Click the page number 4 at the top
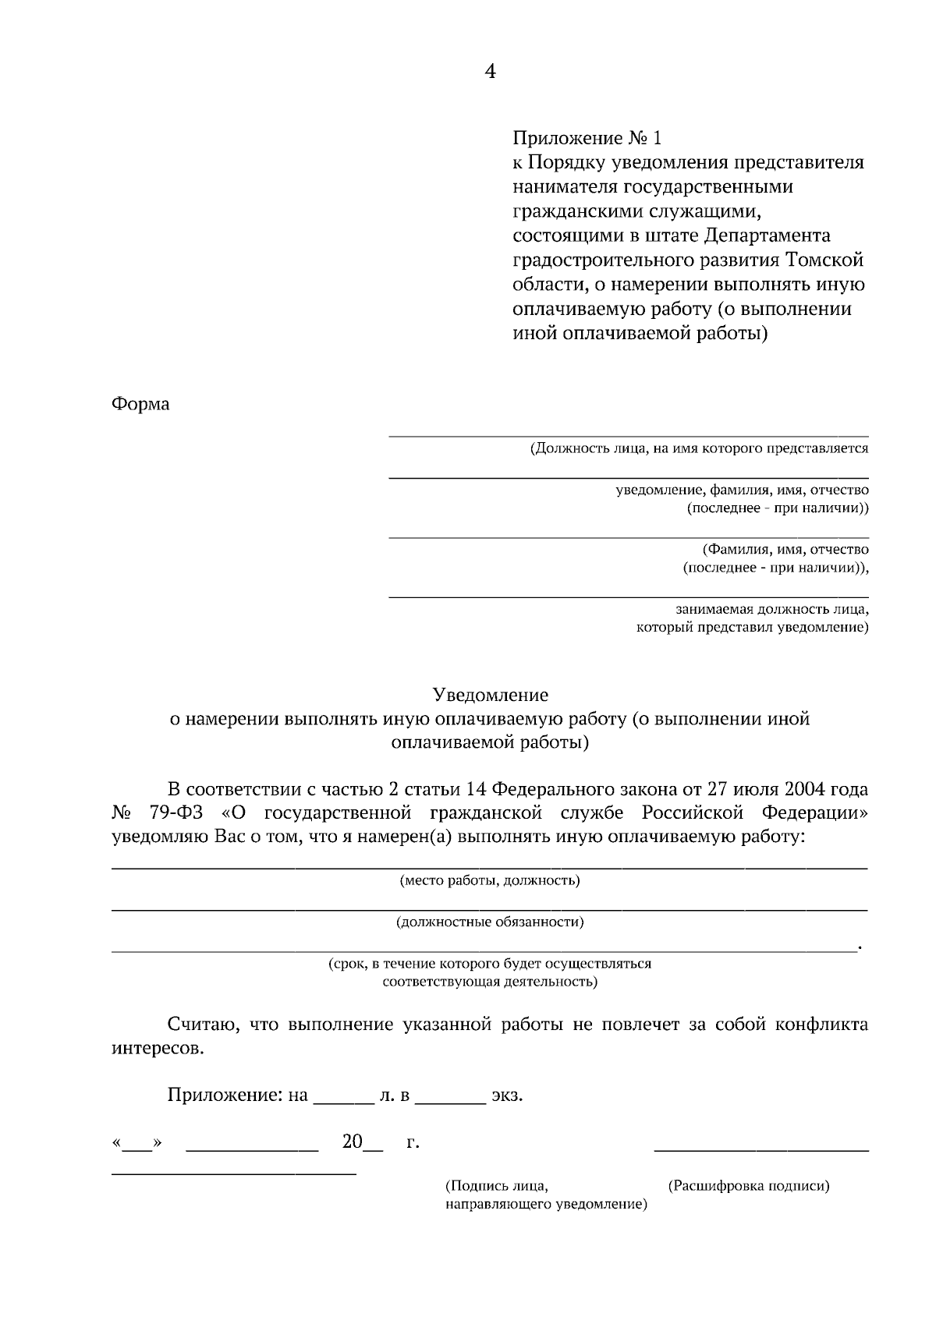[x=490, y=72]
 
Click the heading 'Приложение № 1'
[x=587, y=139]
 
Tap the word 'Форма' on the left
[x=140, y=405]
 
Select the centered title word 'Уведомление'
[x=491, y=695]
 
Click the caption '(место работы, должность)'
[x=490, y=881]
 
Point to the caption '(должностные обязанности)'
[x=490, y=922]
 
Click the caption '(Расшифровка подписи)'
[x=749, y=1186]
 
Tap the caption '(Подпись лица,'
[x=497, y=1186]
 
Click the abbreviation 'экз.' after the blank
[x=507, y=1096]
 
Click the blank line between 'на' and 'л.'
[x=343, y=1101]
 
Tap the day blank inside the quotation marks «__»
[x=139, y=1148]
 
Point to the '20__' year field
[x=362, y=1142]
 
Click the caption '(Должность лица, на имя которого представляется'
[x=699, y=449]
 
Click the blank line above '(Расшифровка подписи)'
[x=760, y=1149]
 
